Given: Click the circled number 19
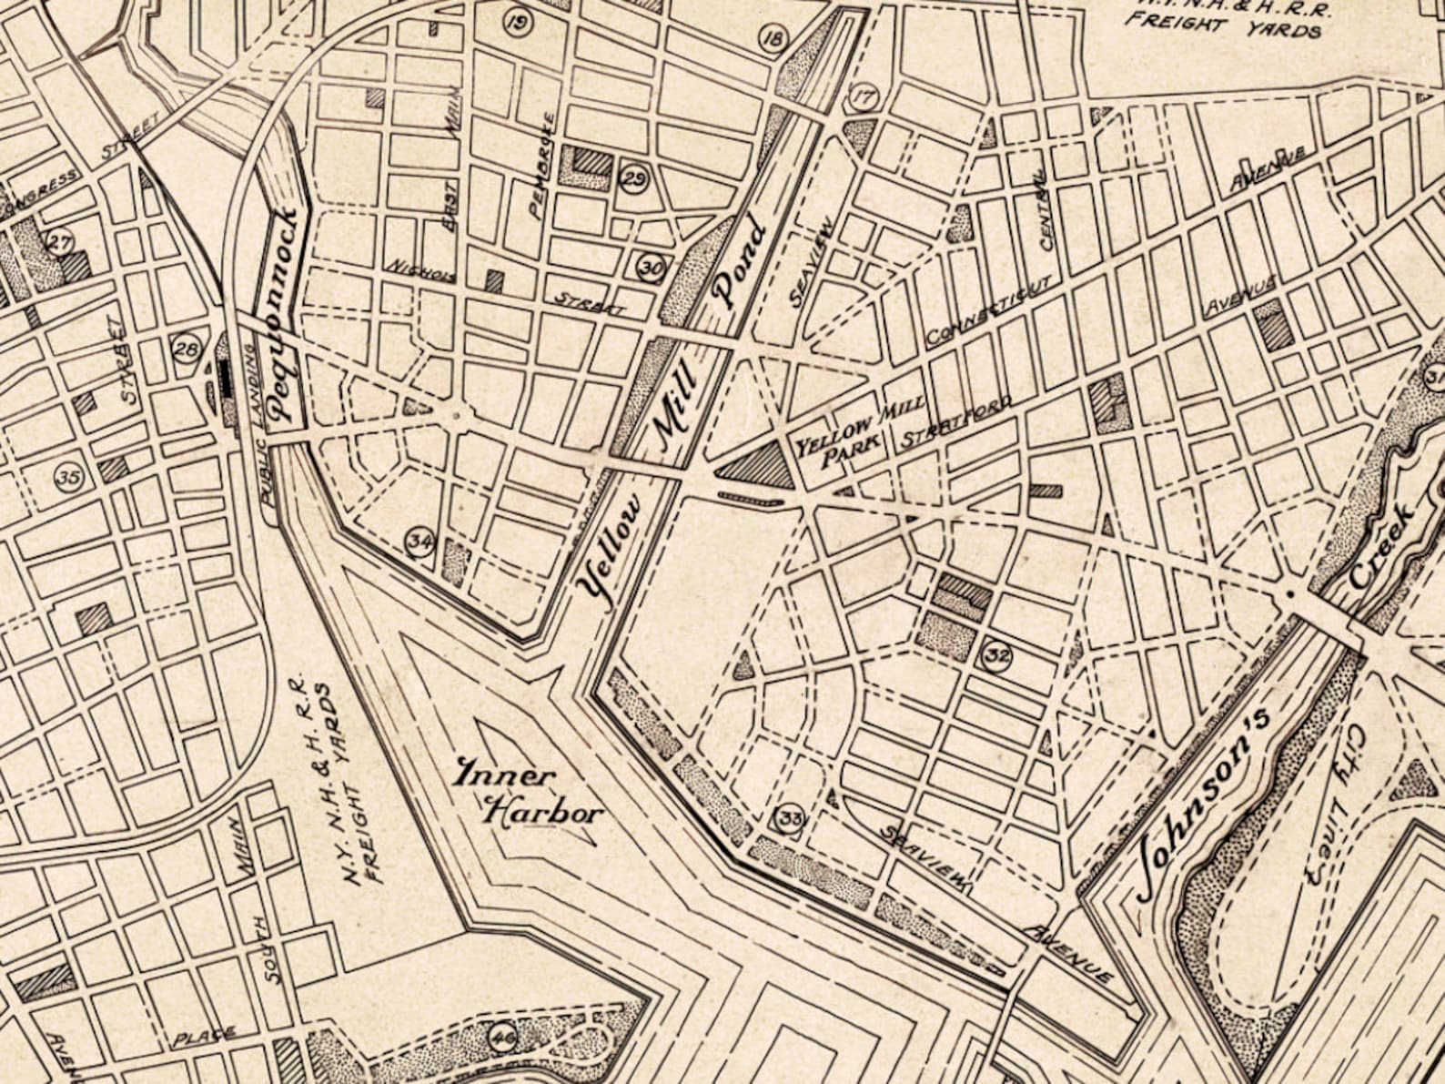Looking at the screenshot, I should click(518, 22).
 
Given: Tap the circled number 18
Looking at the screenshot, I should click(773, 39).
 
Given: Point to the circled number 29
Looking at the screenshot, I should click(634, 177).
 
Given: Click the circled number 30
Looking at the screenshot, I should click(652, 267).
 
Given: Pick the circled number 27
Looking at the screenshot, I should click(60, 243).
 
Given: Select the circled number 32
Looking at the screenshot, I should click(997, 654).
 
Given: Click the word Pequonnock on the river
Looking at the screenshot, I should click(286, 314).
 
